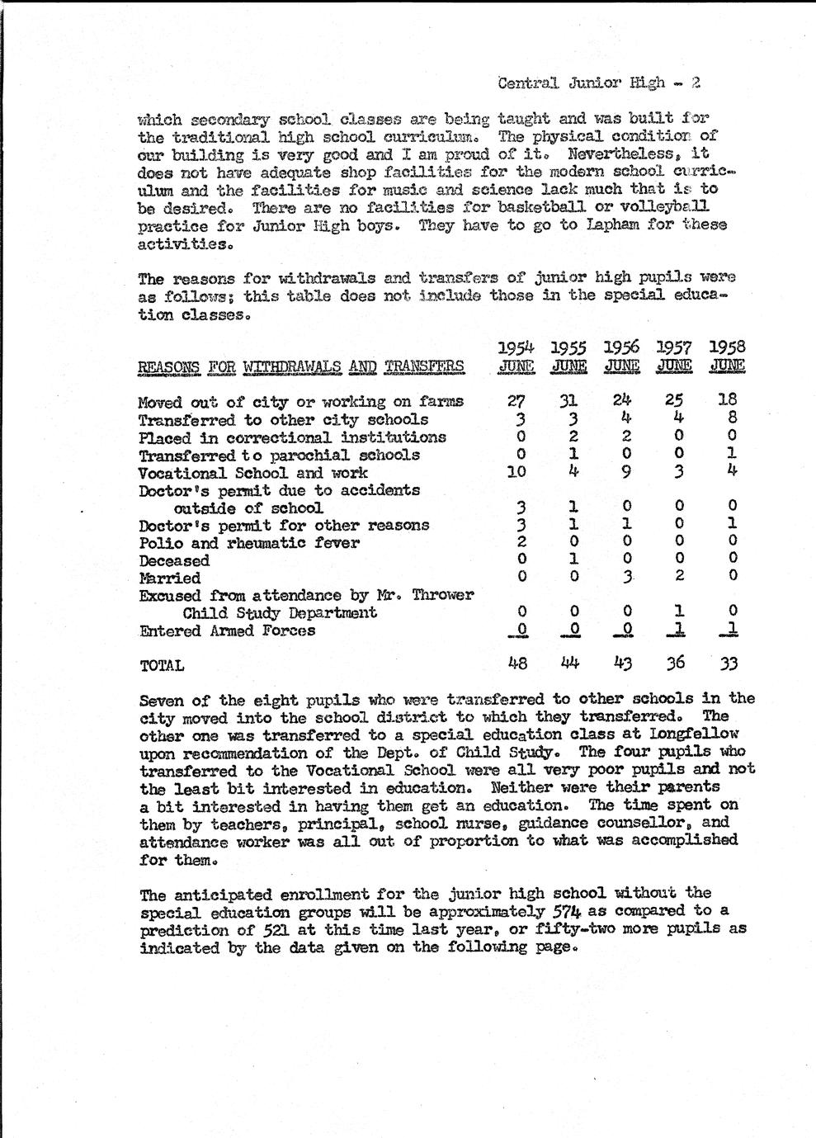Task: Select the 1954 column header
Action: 516,357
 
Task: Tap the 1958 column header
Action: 727,357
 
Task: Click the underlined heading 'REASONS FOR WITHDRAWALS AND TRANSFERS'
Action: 300,367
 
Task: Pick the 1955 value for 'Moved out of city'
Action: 568,402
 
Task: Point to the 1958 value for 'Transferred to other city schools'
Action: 731,419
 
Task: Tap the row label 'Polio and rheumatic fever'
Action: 248,543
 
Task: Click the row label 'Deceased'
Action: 174,561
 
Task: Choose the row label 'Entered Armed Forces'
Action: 227,631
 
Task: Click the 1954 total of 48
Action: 517,663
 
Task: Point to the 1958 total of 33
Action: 728,663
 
